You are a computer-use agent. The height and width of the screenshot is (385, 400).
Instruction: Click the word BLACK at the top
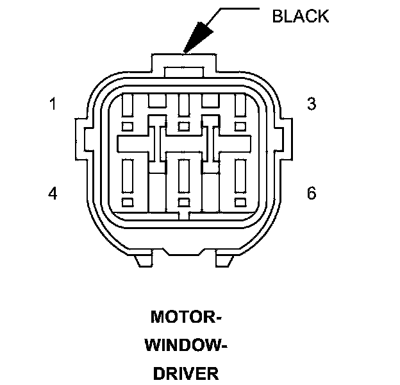(x=300, y=16)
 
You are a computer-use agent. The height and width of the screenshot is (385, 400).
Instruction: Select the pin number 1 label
(x=53, y=104)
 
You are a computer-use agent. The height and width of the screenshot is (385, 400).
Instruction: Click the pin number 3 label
(x=312, y=104)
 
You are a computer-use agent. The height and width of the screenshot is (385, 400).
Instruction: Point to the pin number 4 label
(x=53, y=193)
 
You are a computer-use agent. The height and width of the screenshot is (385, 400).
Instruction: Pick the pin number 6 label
(x=312, y=193)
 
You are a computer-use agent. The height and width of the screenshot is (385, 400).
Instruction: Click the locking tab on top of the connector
(x=183, y=65)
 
